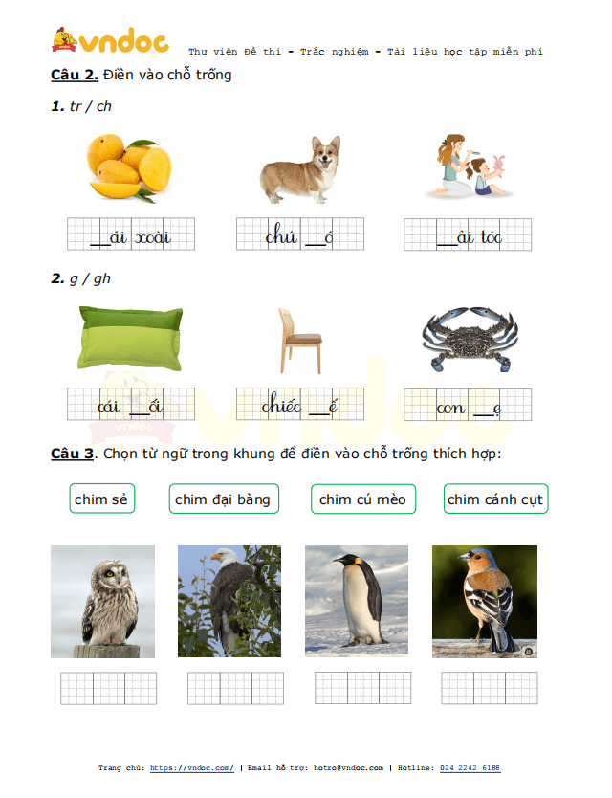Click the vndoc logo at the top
(x=110, y=40)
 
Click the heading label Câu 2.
(x=75, y=75)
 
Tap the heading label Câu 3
(x=73, y=454)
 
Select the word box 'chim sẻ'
(x=101, y=499)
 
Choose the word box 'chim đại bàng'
(x=224, y=499)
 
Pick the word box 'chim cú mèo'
(x=363, y=499)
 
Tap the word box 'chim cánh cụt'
(x=495, y=499)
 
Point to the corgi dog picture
(x=300, y=169)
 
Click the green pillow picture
(x=130, y=339)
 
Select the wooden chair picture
(x=299, y=341)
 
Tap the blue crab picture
(x=470, y=339)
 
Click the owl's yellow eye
(x=109, y=574)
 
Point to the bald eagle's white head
(x=225, y=556)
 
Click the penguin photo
(x=357, y=601)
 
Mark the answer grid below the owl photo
(x=108, y=688)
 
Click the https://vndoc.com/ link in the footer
(x=192, y=768)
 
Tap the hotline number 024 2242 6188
(x=470, y=768)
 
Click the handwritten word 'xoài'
(x=153, y=237)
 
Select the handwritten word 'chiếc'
(x=281, y=405)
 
